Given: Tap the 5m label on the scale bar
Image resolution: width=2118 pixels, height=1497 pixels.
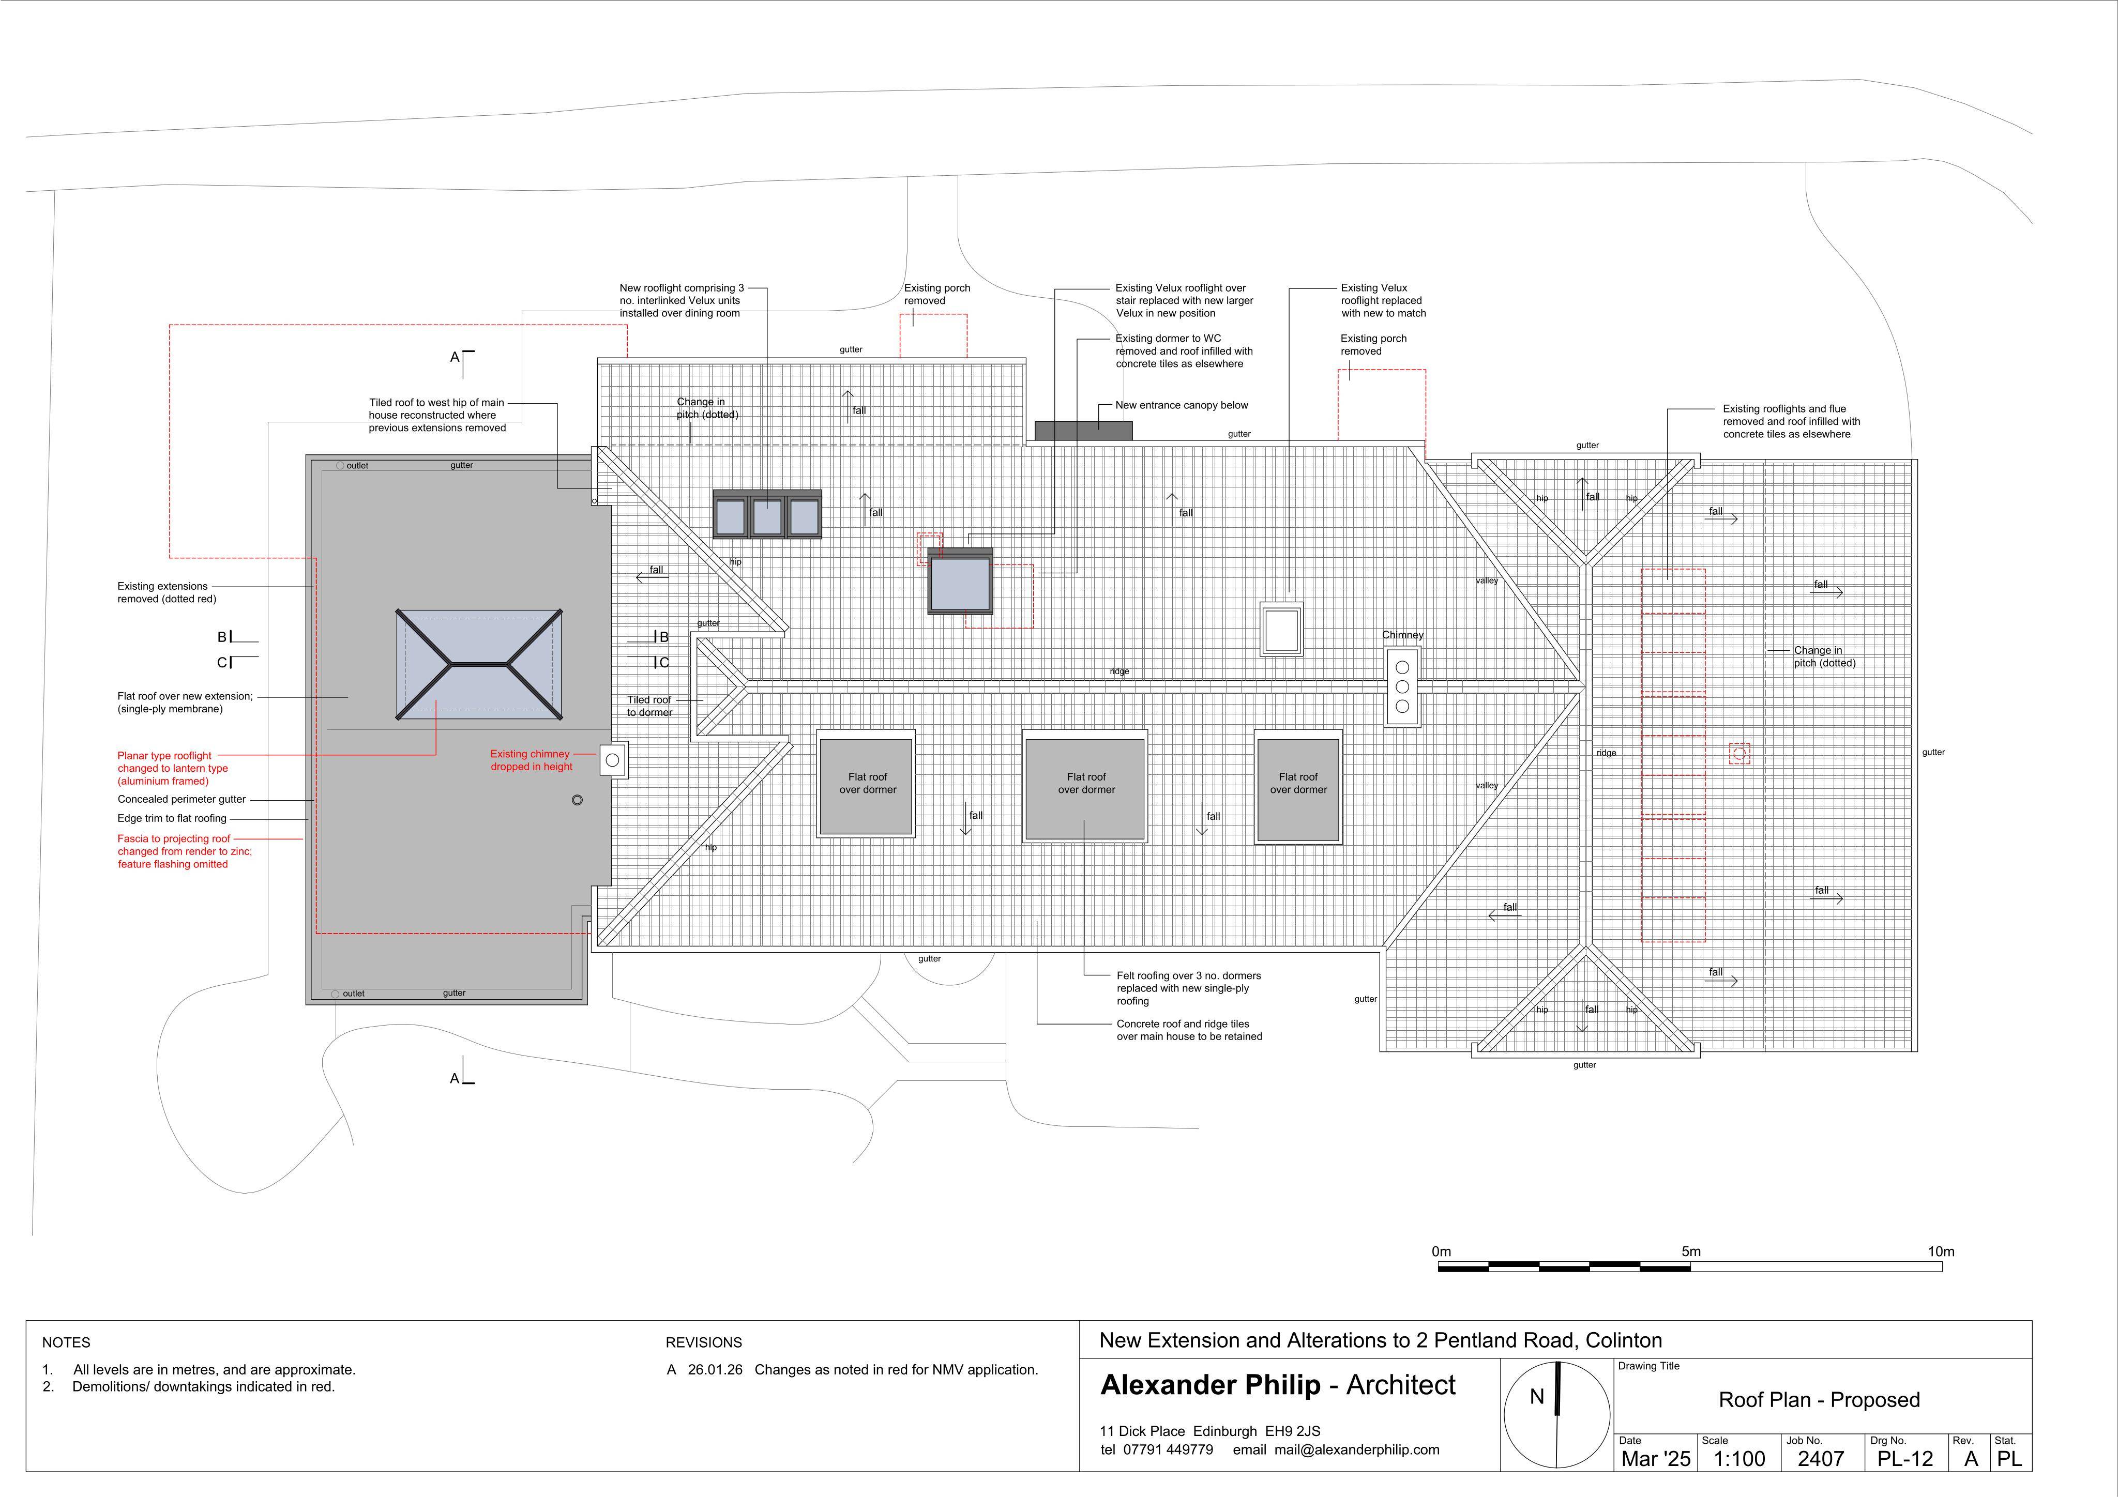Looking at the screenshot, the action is point(1691,1251).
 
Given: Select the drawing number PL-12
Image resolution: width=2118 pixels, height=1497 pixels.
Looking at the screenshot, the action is point(1905,1458).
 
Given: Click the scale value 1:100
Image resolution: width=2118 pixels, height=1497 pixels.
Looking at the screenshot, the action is point(1739,1458).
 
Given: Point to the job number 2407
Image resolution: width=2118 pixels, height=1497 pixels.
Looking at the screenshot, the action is point(1821,1458).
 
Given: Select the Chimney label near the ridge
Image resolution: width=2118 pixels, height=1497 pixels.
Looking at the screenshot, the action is point(1402,635).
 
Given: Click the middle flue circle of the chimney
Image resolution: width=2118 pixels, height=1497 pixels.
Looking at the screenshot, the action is point(1402,687).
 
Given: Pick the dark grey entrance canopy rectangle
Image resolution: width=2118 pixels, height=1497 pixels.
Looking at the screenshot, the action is point(1083,431).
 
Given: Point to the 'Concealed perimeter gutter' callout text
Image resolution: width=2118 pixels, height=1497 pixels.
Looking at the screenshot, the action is point(181,800).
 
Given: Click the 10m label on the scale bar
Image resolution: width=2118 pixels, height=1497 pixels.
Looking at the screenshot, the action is point(1941,1251).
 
